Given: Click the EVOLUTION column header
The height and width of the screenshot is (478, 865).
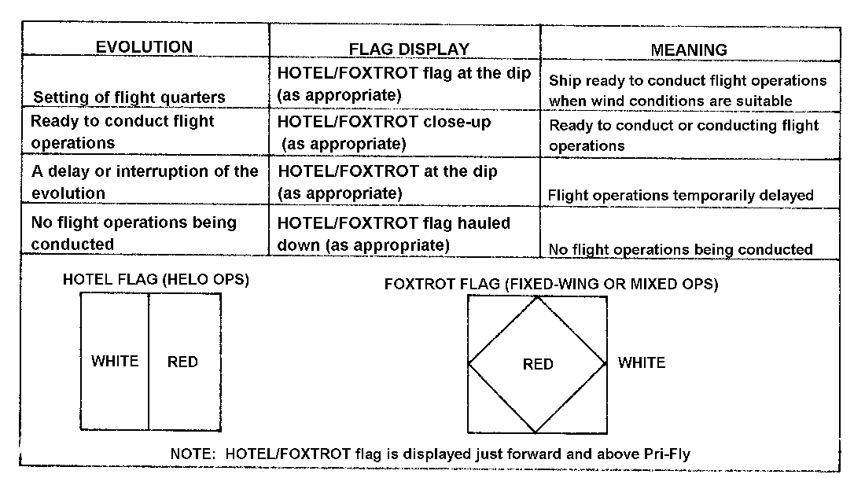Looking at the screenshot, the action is point(144,47).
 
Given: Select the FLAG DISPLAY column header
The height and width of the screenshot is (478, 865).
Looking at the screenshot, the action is point(409,49).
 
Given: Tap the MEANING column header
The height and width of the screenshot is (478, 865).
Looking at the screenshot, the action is point(689,50).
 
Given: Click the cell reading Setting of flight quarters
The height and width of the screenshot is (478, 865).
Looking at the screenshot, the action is point(129,97).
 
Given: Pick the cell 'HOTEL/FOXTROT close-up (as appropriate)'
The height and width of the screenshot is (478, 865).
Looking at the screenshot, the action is point(384,133).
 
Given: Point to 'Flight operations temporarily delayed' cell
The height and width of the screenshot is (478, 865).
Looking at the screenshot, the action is point(681,195).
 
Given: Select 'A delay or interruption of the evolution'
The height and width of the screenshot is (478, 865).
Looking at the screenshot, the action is point(145,182).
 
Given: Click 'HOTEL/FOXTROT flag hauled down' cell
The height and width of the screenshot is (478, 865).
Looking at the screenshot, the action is point(393,233).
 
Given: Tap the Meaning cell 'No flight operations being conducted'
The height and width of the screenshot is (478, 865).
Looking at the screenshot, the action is point(680,249).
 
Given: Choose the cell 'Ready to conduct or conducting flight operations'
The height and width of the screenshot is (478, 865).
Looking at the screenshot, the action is point(683,135).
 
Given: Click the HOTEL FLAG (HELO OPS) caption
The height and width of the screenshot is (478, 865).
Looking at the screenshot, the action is point(156,280).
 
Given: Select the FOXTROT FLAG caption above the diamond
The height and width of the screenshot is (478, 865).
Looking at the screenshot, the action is point(551,284).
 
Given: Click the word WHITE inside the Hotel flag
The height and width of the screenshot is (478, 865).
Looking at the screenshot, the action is point(115,361).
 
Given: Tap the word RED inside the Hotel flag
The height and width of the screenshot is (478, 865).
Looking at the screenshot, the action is point(182,362).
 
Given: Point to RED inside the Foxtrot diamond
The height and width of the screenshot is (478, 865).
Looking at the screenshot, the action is point(538,364).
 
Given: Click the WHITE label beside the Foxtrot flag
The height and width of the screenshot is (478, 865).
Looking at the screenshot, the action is point(642,362).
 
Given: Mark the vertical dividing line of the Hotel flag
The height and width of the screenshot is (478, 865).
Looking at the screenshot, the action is point(149,361).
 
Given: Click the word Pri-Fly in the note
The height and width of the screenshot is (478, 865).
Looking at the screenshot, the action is point(667,454).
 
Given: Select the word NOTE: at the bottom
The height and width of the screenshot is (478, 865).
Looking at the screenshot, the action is point(193,454).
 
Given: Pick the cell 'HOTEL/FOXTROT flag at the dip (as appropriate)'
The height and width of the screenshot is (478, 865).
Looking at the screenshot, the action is point(404,84).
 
